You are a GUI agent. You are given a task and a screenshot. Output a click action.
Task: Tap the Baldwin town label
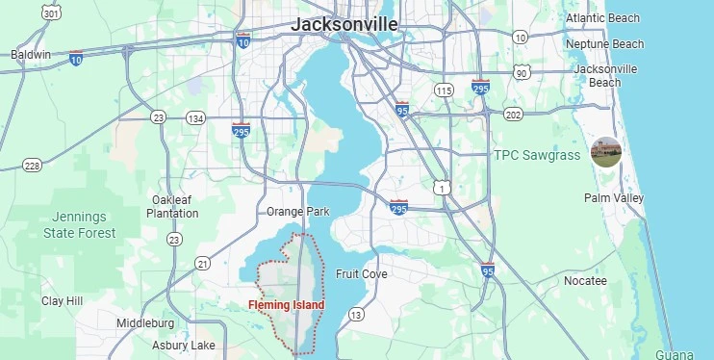coord(31,55)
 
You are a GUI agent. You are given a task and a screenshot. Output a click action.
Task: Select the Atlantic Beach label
coord(602,18)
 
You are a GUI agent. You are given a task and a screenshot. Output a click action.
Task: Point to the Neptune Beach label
coord(604,44)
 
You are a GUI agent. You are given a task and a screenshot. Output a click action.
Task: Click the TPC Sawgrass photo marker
coord(605,152)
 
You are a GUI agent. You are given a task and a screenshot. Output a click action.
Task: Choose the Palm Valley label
coord(614,198)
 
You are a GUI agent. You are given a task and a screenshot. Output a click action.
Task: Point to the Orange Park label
coord(298,212)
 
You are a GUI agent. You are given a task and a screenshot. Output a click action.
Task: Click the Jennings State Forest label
coord(79,225)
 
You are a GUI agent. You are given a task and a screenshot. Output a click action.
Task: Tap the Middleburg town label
coord(145,323)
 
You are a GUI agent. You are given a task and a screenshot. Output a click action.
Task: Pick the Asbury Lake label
coord(184,346)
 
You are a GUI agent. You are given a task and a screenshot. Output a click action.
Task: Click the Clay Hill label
coord(63,301)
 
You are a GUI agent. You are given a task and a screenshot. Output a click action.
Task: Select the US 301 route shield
coord(52,13)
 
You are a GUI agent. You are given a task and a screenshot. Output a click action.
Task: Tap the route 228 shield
coord(32,166)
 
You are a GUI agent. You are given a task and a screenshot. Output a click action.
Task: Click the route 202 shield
coord(513,115)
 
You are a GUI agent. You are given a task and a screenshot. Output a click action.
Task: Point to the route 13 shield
coord(356,315)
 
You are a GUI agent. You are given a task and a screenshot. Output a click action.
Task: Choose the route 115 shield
coord(443,90)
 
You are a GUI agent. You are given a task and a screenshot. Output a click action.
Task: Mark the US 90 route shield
coord(522,73)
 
